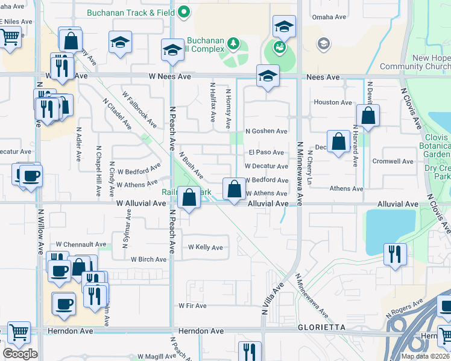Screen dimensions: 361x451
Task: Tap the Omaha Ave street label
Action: tap(330, 17)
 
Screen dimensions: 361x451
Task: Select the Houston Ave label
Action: tap(332, 102)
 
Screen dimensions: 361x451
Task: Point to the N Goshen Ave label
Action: tap(266, 131)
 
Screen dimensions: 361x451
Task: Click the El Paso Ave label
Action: tap(266, 152)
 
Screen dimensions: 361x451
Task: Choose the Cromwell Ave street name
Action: tap(393, 161)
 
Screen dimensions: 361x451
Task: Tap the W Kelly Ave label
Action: tap(205, 247)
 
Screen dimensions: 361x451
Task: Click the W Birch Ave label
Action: tap(148, 259)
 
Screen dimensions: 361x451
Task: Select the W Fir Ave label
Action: tap(192, 306)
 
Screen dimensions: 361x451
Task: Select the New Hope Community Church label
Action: tap(424, 63)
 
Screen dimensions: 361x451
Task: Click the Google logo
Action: tap(20, 354)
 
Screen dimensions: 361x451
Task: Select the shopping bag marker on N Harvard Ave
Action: tap(367, 115)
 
